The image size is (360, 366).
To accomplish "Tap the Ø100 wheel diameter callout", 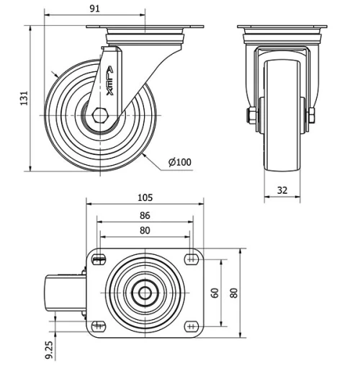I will tap(180, 161).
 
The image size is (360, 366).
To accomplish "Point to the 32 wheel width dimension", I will tap(282, 191).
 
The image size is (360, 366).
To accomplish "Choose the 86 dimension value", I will tap(145, 215).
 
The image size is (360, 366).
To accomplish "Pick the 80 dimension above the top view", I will tap(145, 231).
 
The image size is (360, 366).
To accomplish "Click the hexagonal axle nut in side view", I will tap(100, 115).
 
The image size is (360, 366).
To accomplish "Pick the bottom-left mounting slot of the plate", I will tap(99, 326).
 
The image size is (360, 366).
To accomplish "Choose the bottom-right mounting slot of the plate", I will tap(192, 326).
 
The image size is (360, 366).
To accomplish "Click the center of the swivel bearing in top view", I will tap(145, 293).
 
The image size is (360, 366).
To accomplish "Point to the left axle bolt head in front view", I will tap(251, 116).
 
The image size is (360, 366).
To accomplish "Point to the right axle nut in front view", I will tap(312, 116).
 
